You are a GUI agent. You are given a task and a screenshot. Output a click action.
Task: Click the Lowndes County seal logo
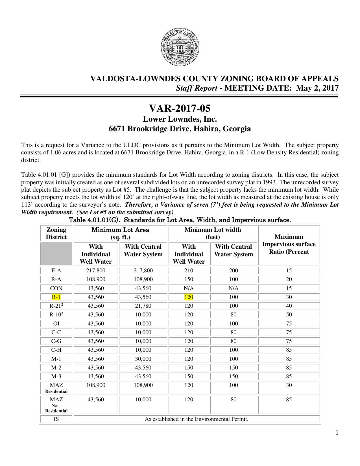click(180, 48)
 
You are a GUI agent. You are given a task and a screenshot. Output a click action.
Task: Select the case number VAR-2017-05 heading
click(180, 109)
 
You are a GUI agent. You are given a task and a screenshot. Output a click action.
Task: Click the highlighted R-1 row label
click(56, 297)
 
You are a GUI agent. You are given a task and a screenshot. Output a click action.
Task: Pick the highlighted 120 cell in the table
click(189, 297)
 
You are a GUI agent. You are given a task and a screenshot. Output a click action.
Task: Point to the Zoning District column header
click(56, 233)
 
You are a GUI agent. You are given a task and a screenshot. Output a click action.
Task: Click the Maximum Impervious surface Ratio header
click(289, 244)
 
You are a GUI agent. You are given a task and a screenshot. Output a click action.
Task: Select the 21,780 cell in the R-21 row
click(143, 306)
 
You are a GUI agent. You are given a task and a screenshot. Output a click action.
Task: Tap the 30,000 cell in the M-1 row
click(143, 359)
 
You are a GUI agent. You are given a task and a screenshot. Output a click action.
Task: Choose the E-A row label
click(56, 270)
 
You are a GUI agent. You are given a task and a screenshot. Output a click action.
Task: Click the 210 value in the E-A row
click(189, 270)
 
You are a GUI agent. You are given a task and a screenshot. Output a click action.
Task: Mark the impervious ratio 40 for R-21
click(289, 306)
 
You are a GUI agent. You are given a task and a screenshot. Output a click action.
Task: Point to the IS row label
click(56, 419)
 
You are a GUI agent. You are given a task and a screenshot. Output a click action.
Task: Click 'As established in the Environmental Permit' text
click(197, 419)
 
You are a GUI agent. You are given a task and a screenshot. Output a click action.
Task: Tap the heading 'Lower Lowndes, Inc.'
click(180, 119)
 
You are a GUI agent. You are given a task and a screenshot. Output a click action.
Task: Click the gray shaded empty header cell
click(56, 254)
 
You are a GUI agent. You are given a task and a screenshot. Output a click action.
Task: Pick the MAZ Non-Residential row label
click(56, 405)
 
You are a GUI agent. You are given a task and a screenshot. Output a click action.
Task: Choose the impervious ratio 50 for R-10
click(289, 315)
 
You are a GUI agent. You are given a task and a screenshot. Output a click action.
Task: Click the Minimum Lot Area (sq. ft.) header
click(120, 233)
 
